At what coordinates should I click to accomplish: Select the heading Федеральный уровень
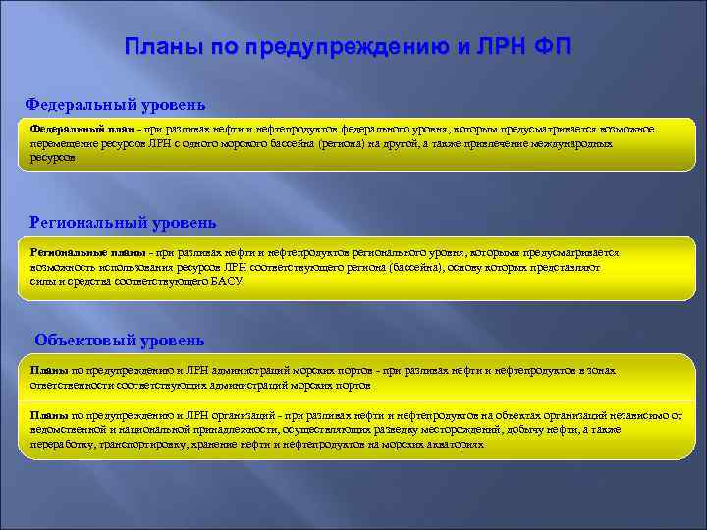[115, 104]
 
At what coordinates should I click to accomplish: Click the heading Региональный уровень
[123, 223]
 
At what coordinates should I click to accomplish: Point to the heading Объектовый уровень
[119, 341]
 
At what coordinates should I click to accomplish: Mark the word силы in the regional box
[42, 280]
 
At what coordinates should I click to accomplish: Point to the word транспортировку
[173, 444]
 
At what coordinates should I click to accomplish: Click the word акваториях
[454, 444]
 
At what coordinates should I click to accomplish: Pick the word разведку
[384, 430]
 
